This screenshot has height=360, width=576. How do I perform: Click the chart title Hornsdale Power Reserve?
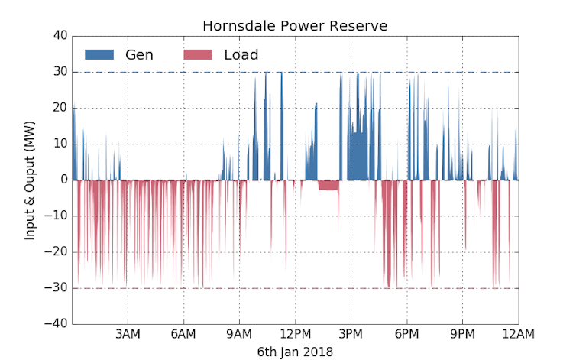295,26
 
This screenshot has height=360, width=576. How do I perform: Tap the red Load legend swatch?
198,54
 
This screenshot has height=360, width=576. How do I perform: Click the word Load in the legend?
241,54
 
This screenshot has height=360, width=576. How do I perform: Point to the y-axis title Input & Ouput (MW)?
30,180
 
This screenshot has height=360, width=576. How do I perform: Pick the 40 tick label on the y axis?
59,36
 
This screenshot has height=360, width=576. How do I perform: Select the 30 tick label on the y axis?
59,72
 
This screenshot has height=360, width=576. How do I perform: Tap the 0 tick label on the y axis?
63,180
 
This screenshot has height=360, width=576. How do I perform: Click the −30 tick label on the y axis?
56,288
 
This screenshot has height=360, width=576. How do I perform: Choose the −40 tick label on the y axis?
56,324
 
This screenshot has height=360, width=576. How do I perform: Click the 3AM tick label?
128,334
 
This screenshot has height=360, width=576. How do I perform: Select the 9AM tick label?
239,334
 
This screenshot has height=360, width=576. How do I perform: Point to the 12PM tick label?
295,334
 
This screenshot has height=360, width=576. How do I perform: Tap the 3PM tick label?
351,334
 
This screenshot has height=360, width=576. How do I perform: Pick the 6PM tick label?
406,334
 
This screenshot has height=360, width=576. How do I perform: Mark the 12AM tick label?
518,334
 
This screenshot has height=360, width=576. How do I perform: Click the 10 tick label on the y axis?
59,144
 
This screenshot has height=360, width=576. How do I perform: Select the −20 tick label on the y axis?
56,252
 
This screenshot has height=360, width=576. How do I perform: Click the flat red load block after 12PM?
328,185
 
